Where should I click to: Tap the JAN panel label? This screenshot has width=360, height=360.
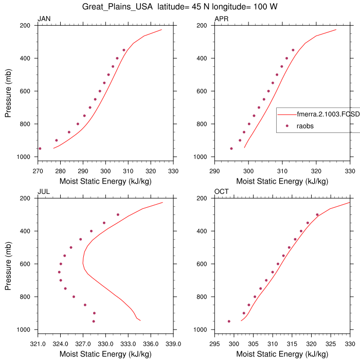[x=44, y=19]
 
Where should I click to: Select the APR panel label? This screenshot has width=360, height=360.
[x=221, y=19]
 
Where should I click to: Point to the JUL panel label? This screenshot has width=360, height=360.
[x=44, y=192]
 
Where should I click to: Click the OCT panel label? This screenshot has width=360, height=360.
[x=222, y=192]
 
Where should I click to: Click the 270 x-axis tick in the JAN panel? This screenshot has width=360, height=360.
[x=38, y=171]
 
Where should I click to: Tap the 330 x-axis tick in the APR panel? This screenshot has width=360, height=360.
[x=350, y=171]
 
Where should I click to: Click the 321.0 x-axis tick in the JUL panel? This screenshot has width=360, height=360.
[x=38, y=344]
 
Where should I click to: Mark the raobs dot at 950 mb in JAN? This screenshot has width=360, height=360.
[x=40, y=149]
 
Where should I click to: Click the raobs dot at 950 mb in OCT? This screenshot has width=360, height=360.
[x=229, y=321]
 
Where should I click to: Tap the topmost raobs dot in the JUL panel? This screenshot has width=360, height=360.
[x=118, y=214]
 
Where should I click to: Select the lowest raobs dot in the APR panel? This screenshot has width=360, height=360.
[x=231, y=149]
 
